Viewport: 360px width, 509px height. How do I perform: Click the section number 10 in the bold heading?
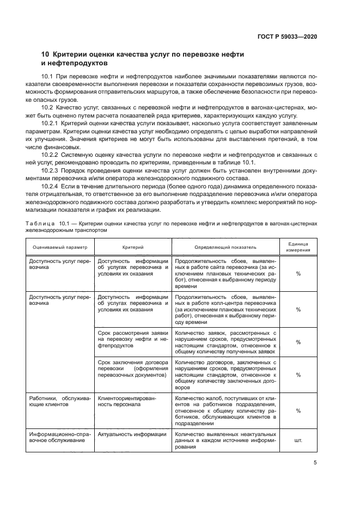coord(46,54)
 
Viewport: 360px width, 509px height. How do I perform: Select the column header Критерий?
coord(133,247)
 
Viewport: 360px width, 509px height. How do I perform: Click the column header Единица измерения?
coord(298,247)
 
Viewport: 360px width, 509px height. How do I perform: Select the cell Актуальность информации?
coord(132,434)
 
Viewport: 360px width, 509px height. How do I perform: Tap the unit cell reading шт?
coord(298,440)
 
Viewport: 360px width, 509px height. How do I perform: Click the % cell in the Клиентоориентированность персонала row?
coord(298,411)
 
